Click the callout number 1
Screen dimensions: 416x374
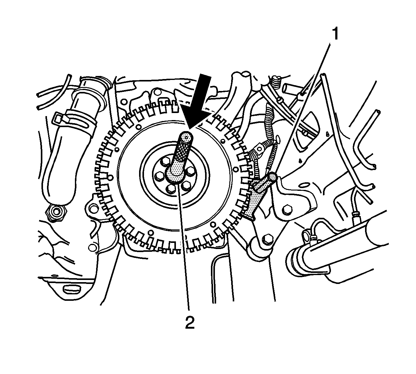click(335, 34)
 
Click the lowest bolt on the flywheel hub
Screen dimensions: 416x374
click(171, 188)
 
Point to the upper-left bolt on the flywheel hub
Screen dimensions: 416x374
click(165, 161)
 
